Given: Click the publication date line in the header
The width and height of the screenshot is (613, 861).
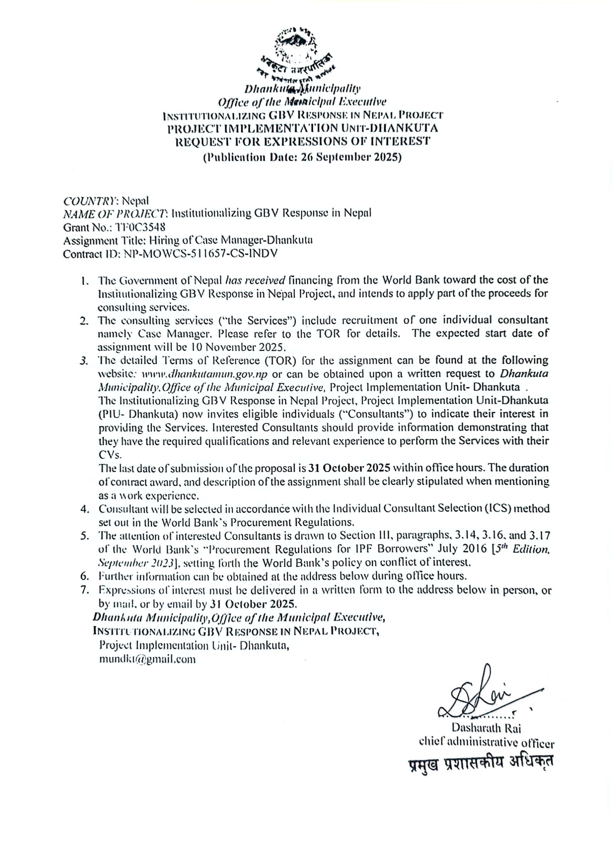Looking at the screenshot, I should [x=302, y=157].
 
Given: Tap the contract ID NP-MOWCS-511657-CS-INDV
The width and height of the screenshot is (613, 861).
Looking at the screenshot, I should [x=200, y=253].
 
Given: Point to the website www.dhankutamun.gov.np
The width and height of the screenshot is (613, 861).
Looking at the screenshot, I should [x=204, y=374].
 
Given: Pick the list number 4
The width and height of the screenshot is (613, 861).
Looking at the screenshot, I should [x=84, y=509].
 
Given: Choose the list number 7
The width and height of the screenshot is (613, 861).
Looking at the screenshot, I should [x=84, y=590].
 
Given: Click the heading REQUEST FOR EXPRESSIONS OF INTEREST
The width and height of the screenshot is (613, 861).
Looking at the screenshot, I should [x=302, y=142].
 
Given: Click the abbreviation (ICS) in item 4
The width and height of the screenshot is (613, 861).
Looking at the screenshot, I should [x=498, y=509].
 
